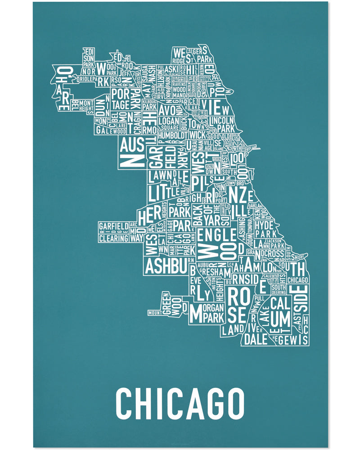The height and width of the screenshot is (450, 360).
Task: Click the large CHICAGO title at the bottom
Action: (180, 402)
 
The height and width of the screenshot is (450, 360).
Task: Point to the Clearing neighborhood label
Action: (113, 238)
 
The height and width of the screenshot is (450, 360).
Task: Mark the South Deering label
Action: (279, 290)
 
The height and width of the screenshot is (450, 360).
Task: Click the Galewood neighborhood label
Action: (109, 131)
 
